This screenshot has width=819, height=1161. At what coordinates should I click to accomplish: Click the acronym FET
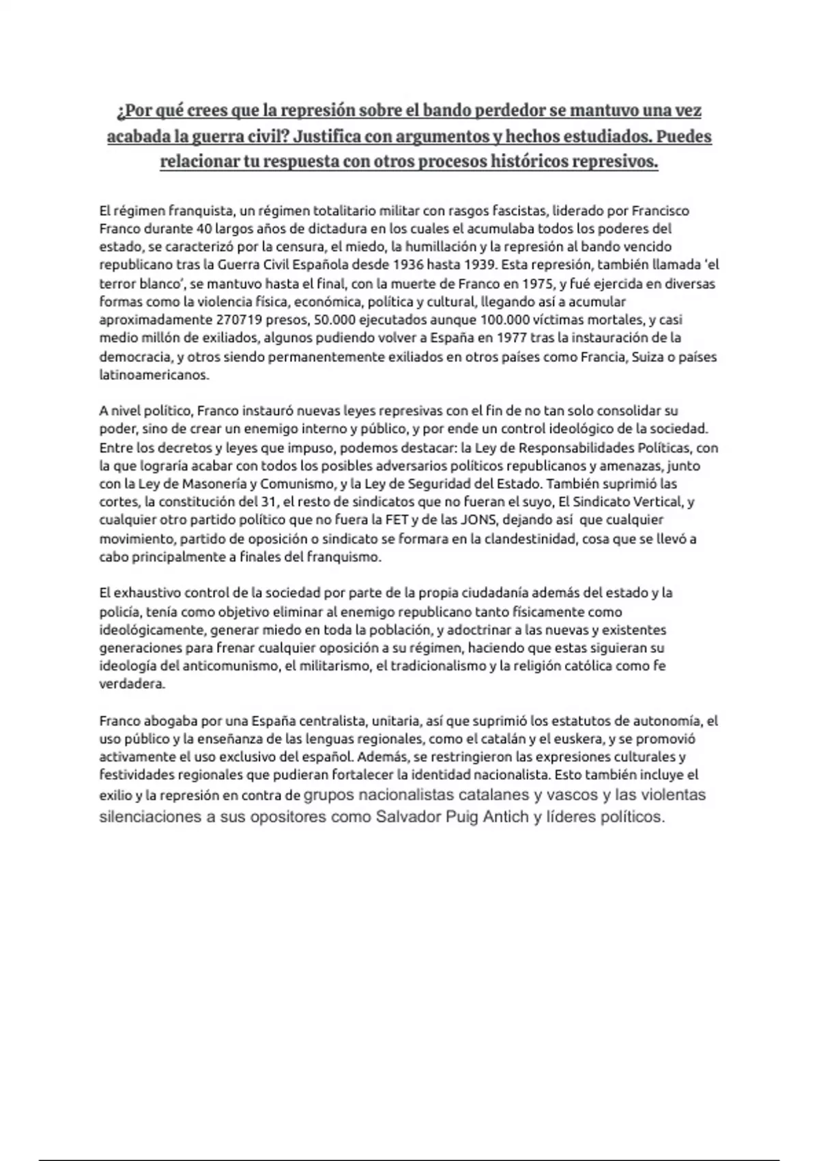pyautogui.click(x=422, y=520)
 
